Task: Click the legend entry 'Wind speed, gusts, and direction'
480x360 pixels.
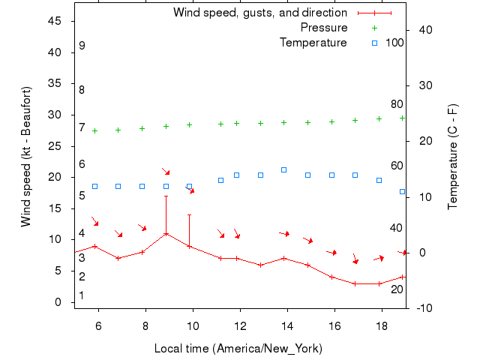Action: point(259,13)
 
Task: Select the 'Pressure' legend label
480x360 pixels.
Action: point(324,28)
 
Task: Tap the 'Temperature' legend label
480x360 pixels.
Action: point(313,43)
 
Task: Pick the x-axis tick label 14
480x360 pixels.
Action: point(287,326)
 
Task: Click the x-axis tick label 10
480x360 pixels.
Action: point(193,326)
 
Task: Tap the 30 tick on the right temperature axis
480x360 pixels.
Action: point(424,85)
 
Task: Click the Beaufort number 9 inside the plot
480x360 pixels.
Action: point(82,46)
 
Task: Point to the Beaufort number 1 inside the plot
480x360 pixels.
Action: point(82,295)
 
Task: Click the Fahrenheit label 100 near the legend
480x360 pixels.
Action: point(394,43)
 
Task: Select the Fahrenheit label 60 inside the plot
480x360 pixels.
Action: point(397,166)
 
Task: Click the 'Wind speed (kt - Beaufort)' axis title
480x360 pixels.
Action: point(26,157)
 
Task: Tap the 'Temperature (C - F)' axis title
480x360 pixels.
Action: point(453,157)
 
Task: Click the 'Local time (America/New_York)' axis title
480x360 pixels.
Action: point(238,349)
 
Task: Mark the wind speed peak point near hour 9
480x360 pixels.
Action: point(166,233)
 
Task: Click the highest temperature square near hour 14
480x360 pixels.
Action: point(283,169)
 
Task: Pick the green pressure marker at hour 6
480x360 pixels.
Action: point(94,130)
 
